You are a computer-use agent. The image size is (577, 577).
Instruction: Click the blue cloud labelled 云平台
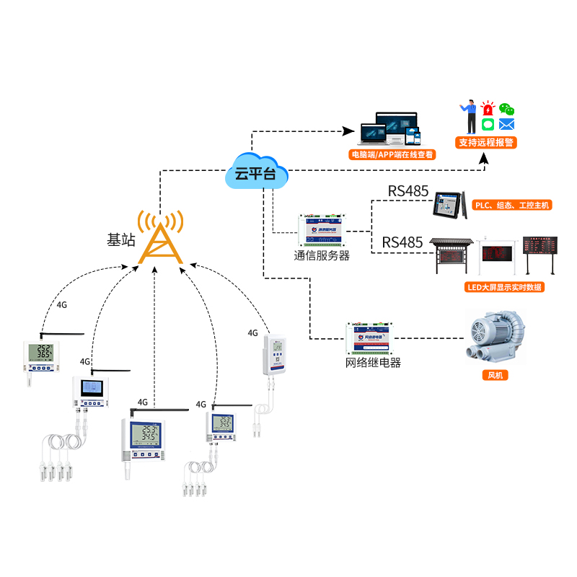(256, 172)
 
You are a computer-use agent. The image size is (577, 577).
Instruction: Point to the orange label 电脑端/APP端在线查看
(392, 154)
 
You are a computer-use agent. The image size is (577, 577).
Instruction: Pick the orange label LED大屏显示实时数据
(504, 287)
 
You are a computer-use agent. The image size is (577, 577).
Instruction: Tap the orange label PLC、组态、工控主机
(511, 206)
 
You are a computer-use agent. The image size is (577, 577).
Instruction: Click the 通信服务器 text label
(322, 255)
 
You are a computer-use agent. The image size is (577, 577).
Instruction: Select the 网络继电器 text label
(373, 362)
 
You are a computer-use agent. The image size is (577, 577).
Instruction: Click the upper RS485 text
(408, 192)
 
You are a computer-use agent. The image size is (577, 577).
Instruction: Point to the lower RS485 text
(402, 242)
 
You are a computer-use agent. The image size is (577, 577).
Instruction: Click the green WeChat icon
(508, 109)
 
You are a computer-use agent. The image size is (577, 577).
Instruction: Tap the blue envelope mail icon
(507, 124)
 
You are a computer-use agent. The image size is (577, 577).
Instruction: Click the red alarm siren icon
(488, 109)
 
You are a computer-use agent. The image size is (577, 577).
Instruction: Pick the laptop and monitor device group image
(389, 129)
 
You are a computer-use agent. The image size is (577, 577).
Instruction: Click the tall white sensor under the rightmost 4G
(275, 353)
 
